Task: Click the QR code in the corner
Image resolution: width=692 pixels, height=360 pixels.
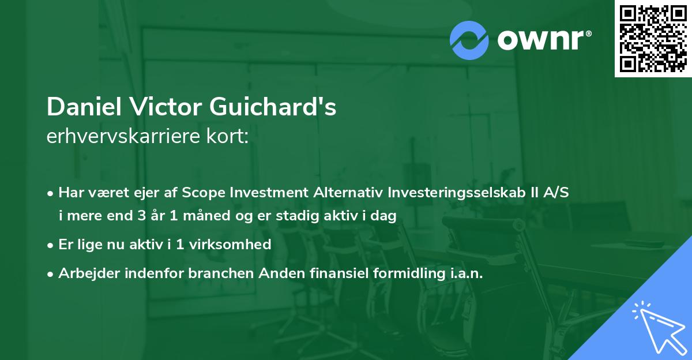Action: [653, 38]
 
